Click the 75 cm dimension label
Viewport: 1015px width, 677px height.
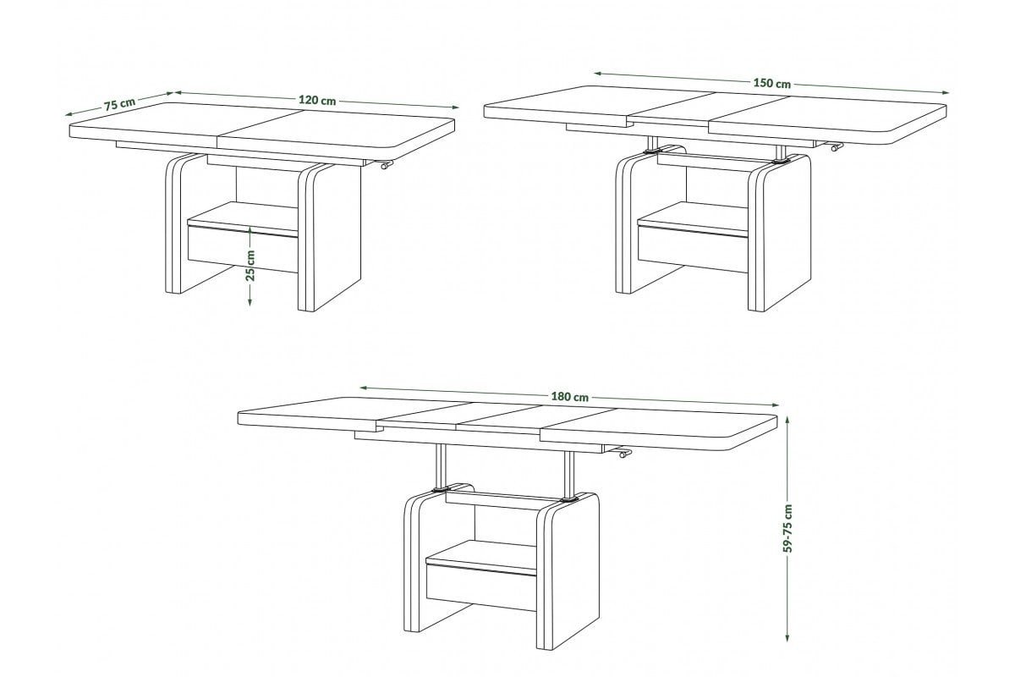pyautogui.click(x=119, y=104)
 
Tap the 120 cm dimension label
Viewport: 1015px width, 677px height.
pyautogui.click(x=317, y=100)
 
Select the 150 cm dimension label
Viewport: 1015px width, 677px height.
pyautogui.click(x=772, y=83)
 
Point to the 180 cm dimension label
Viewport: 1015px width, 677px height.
pyautogui.click(x=570, y=397)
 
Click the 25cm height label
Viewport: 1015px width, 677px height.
pyautogui.click(x=250, y=265)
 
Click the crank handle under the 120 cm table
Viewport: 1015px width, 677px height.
pyautogui.click(x=386, y=165)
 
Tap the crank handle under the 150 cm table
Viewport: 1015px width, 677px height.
pyautogui.click(x=835, y=147)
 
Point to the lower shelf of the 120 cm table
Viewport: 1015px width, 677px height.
pyautogui.click(x=243, y=219)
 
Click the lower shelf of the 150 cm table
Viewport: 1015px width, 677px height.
pyautogui.click(x=693, y=219)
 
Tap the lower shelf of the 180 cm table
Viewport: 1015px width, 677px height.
pyautogui.click(x=481, y=558)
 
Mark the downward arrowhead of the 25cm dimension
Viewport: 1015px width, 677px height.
pyautogui.click(x=250, y=302)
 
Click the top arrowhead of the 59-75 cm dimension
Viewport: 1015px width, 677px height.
pyautogui.click(x=787, y=420)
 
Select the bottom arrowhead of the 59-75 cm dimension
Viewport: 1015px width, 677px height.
pyautogui.click(x=787, y=636)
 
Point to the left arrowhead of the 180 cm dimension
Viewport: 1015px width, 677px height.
pyautogui.click(x=364, y=388)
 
